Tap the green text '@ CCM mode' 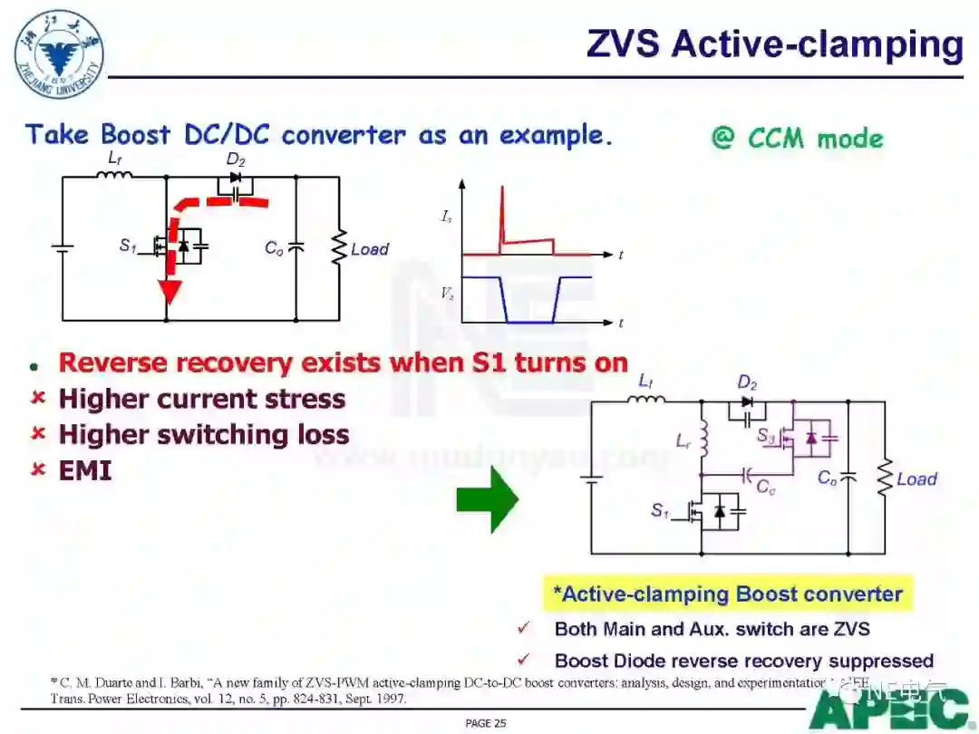tap(797, 139)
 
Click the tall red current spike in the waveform tap(500, 217)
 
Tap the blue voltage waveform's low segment tap(528, 321)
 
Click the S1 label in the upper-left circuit tap(128, 245)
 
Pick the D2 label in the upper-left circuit tap(236, 161)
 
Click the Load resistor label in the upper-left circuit tap(370, 249)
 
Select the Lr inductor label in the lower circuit tap(683, 441)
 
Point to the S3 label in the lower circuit tap(767, 435)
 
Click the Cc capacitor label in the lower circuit tap(766, 488)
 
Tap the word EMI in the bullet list tap(85, 470)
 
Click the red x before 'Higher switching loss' tap(38, 434)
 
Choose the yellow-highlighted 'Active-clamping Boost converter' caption tap(728, 594)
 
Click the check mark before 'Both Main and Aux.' tap(524, 628)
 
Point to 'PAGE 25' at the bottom tap(485, 723)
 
